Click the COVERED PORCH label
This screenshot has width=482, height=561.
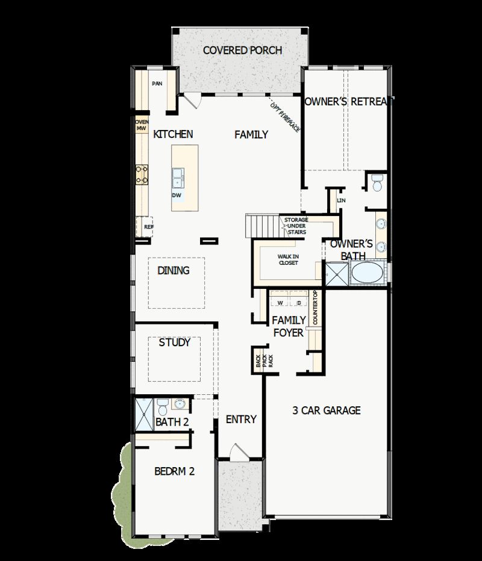pos(242,50)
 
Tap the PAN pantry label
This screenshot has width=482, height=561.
pos(157,84)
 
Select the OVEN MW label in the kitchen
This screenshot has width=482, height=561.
pos(141,125)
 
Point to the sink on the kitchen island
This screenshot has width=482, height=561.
pos(179,176)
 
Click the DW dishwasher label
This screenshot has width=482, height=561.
pos(177,196)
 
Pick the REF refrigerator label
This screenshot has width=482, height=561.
pos(148,227)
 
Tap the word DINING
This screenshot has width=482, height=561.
pos(174,271)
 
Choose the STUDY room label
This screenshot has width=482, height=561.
pos(175,342)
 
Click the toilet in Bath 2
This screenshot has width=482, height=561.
pos(163,404)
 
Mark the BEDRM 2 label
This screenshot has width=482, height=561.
pos(174,471)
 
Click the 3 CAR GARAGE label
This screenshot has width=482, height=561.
pos(327,411)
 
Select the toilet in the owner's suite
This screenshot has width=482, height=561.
pos(377,183)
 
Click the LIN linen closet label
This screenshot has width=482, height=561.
pos(341,200)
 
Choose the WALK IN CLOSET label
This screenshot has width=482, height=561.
pos(288,259)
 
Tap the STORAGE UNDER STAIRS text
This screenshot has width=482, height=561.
pos(296,226)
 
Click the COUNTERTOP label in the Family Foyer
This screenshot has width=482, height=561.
pos(315,309)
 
